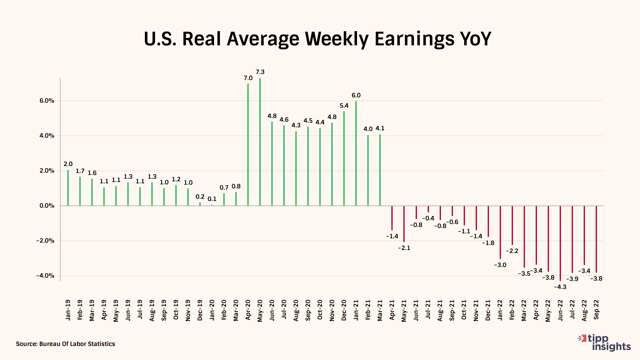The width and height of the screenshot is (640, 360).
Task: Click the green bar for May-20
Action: (260, 142)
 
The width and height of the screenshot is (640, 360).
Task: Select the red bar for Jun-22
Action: (560, 243)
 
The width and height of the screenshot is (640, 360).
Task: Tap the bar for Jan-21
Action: (356, 153)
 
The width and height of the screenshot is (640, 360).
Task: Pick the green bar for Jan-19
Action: (68, 188)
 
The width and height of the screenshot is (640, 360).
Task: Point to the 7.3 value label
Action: (260, 72)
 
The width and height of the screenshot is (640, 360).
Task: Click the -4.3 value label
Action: (560, 287)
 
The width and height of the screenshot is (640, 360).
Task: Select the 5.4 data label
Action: (344, 106)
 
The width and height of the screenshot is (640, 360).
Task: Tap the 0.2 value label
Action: (200, 197)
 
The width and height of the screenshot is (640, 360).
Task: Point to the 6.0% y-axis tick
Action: (47, 101)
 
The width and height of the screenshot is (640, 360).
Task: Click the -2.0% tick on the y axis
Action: (45, 241)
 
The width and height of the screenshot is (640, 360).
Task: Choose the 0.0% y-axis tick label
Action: (47, 206)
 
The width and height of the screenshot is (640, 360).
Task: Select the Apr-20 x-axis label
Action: (248, 310)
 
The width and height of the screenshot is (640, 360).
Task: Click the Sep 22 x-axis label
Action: (596, 309)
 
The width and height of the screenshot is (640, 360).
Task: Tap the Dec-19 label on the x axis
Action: (200, 310)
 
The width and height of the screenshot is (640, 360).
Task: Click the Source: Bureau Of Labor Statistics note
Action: (66, 344)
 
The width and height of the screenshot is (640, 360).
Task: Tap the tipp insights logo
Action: (605, 343)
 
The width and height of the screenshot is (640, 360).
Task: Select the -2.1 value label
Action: (404, 248)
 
